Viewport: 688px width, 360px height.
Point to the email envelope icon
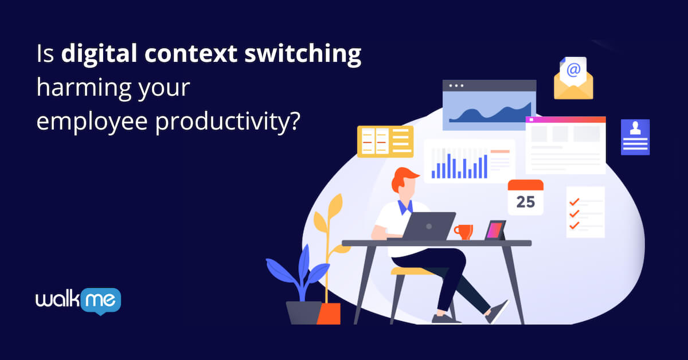point(573,79)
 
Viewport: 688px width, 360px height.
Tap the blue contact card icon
point(635,137)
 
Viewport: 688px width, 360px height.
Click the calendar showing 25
point(525,197)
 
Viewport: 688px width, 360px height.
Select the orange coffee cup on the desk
point(464,232)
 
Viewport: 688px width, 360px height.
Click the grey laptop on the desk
point(428,226)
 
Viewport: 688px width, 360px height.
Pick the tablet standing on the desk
point(495,230)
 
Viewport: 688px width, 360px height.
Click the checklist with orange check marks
point(585,212)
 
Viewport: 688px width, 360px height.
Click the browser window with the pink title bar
point(565,145)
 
